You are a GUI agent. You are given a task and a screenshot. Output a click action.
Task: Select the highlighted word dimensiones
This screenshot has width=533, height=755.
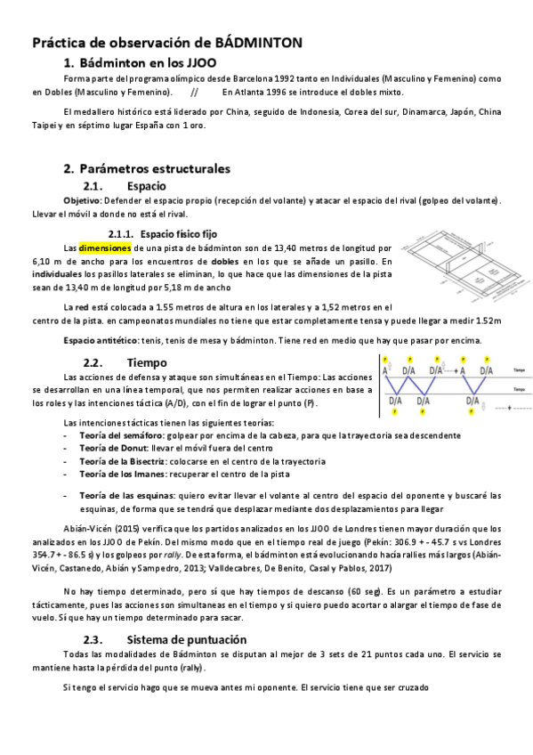[x=105, y=247]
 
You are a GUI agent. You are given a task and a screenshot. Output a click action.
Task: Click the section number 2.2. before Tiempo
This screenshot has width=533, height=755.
[x=96, y=362]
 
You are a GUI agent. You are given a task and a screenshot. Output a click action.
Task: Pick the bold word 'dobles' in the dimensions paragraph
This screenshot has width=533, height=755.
[x=224, y=261]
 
